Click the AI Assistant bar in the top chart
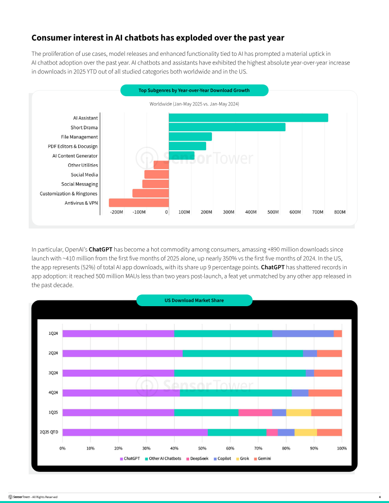[248, 118]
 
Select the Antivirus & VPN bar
[139, 203]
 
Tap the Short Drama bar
[227, 127]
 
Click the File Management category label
[79, 137]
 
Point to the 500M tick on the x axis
[273, 212]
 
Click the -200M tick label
[117, 212]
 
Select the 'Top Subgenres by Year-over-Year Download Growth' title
[194, 90]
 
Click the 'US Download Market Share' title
[194, 300]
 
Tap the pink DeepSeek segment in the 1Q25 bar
[255, 413]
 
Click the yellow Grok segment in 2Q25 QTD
[305, 432]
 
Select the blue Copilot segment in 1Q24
[302, 333]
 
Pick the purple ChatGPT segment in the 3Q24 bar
[118, 373]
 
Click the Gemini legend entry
[263, 458]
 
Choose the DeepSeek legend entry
[197, 458]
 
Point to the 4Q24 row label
[53, 393]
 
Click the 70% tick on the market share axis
[258, 448]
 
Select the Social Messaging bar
[156, 184]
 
